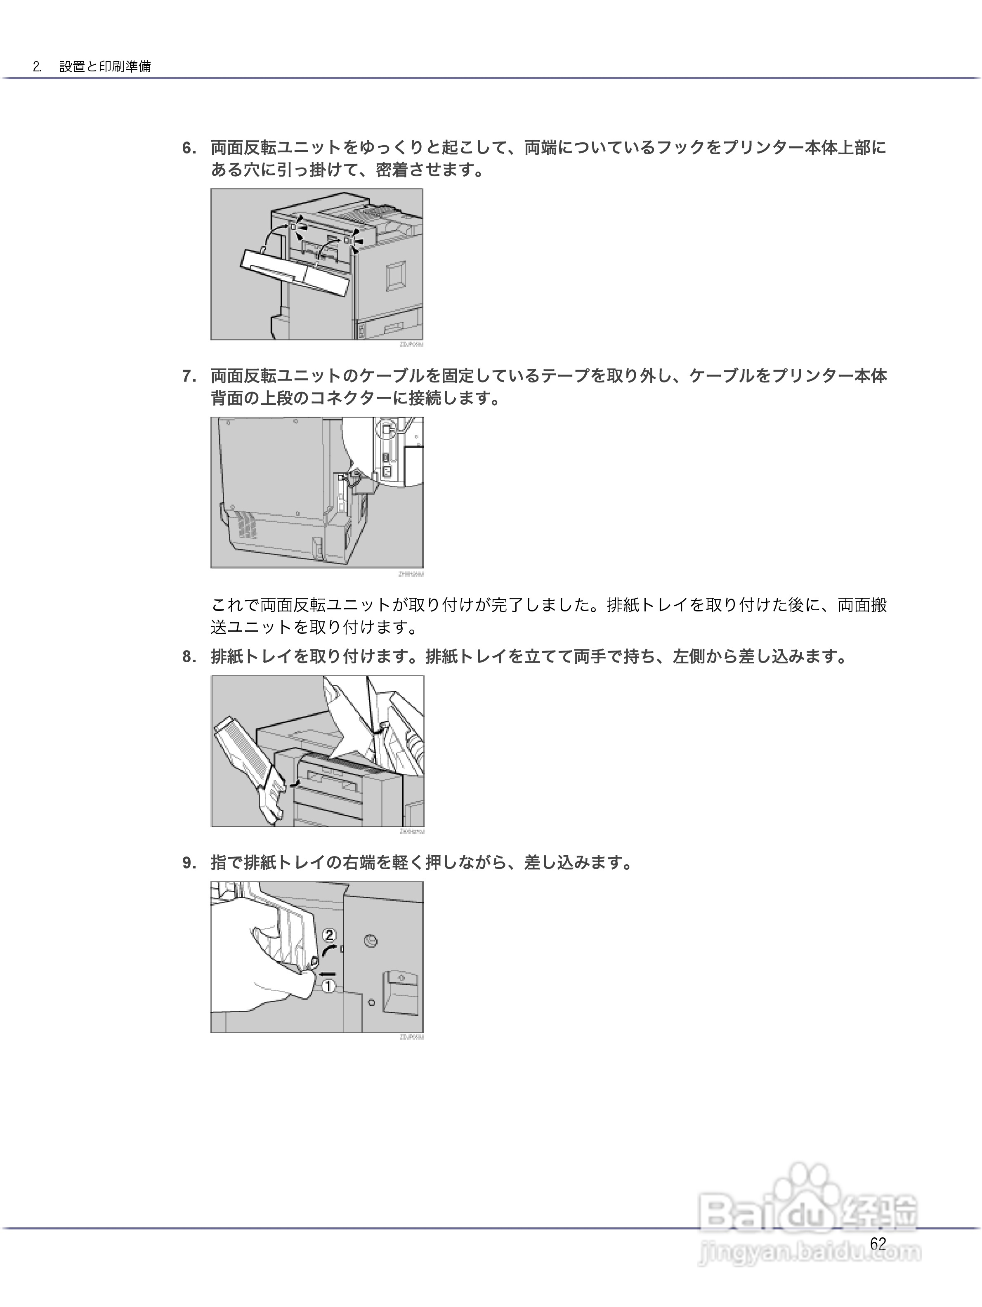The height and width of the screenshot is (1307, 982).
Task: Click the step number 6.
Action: pos(189,148)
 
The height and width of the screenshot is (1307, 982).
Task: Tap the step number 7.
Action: pos(189,376)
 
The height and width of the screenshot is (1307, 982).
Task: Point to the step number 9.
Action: pos(189,863)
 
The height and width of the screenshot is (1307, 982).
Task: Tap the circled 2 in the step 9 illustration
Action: pos(330,935)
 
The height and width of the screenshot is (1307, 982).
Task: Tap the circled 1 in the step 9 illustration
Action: pos(328,986)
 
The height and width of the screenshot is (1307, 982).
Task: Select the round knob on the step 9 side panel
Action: pos(371,941)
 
